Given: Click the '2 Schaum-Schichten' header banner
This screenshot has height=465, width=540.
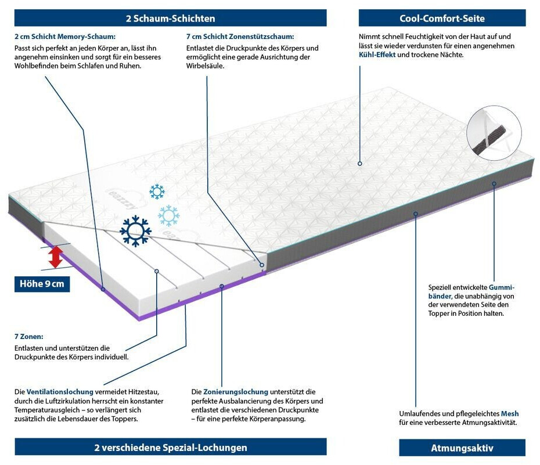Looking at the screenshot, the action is pos(171,18).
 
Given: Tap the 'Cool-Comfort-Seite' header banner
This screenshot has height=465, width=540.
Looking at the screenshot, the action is pos(442,18).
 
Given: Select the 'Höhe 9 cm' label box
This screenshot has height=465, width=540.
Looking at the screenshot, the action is pos(42,284).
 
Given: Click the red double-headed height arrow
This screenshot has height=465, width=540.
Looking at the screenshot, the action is pos(55,257).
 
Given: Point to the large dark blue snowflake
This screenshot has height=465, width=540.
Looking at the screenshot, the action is pos(135,231).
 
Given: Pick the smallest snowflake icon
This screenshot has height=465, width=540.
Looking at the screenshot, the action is pos(157,192).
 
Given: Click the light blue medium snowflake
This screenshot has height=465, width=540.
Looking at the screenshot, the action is pos(169,216).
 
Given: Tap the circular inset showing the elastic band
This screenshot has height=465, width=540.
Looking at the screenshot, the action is pos(494,133).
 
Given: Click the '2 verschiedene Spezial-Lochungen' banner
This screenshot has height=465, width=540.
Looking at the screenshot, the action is pos(171,447).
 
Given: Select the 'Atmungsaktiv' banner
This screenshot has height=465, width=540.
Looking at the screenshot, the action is pos(462,448).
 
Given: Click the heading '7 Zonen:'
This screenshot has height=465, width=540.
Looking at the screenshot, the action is pos(29,336).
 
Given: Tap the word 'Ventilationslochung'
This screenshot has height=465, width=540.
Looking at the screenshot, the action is pos(60,392).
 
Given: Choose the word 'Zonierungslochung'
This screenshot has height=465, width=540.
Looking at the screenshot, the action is pos(236,392).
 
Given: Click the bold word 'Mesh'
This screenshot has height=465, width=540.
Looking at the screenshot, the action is pos(510,413).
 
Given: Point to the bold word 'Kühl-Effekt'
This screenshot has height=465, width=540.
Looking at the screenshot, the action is pos(377,55).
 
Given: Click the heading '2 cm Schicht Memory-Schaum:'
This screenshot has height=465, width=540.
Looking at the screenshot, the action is pos(65,37).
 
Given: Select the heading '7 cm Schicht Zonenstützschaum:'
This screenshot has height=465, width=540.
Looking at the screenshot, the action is pos(240,37).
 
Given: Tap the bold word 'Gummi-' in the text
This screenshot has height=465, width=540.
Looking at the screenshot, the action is pos(502,287).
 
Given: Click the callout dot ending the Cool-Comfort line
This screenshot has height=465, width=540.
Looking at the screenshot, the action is pos(360,164).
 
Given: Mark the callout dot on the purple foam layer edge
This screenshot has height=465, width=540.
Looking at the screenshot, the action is pos(103,289).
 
